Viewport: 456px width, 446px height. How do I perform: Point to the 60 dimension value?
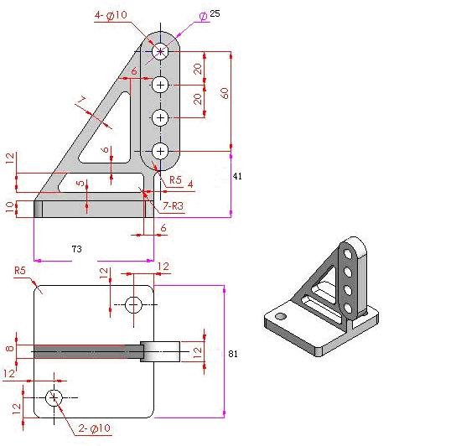tap(224, 93)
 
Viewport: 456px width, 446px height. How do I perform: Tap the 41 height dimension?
tap(237, 176)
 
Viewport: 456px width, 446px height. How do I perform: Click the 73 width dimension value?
tap(75, 249)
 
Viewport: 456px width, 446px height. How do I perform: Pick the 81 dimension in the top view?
tap(233, 354)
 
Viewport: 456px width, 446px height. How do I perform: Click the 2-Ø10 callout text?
tap(94, 428)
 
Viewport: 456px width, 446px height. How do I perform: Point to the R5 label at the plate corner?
tap(20, 271)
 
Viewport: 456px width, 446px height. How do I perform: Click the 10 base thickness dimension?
tap(10, 206)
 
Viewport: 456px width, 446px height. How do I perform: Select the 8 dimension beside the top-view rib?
tap(10, 349)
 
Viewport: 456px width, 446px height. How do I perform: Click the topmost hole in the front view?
tap(161, 51)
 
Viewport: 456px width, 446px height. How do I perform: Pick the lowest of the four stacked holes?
tap(161, 150)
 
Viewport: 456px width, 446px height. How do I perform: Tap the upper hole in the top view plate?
tap(133, 304)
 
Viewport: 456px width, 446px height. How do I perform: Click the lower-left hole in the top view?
tap(54, 397)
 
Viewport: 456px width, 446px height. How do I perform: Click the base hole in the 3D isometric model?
tap(281, 317)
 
